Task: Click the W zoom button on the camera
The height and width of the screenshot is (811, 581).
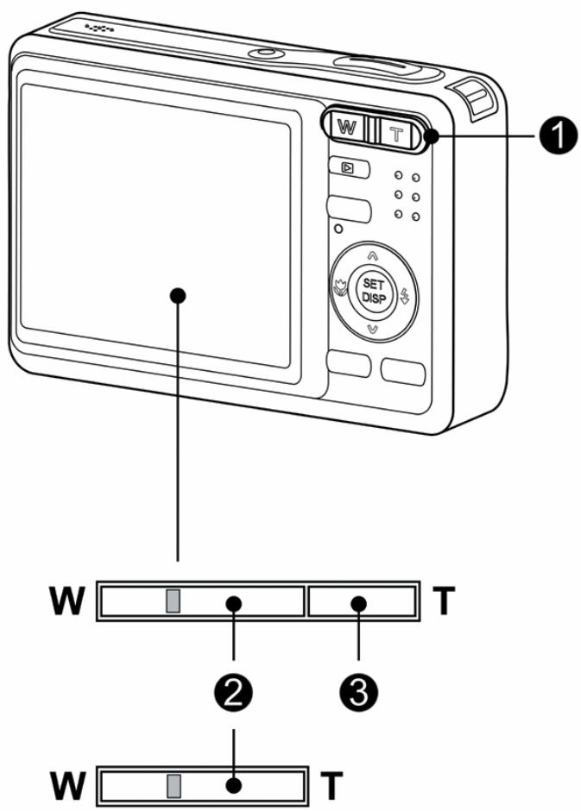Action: click(346, 127)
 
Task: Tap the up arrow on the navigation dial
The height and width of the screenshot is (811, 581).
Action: click(372, 255)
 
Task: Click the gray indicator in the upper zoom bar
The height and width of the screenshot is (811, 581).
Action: click(174, 600)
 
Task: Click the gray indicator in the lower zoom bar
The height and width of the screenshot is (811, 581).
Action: click(174, 783)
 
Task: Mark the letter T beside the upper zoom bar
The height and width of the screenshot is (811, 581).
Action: click(442, 602)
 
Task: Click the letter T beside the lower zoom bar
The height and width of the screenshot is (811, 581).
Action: click(331, 785)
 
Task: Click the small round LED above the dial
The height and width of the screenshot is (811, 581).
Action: click(338, 229)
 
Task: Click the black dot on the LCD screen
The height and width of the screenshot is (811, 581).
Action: click(179, 294)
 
